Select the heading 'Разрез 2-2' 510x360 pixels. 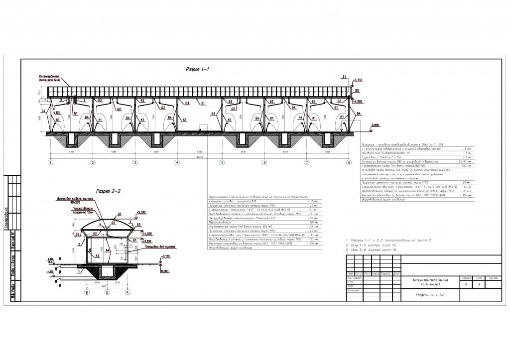tap(107, 191)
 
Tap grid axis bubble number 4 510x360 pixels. tap(177, 162)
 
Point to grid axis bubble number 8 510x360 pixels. tap(349, 162)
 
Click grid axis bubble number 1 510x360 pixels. tap(50, 162)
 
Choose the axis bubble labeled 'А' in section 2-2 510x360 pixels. tap(127, 293)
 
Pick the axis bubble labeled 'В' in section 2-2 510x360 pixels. tap(87, 293)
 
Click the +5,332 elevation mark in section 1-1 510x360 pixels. tap(358, 80)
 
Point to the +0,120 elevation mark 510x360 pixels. tap(160, 256)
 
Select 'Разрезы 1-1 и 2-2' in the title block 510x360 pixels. tap(430, 295)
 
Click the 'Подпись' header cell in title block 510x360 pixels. tap(385, 274)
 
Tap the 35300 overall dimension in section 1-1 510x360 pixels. tap(199, 156)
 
